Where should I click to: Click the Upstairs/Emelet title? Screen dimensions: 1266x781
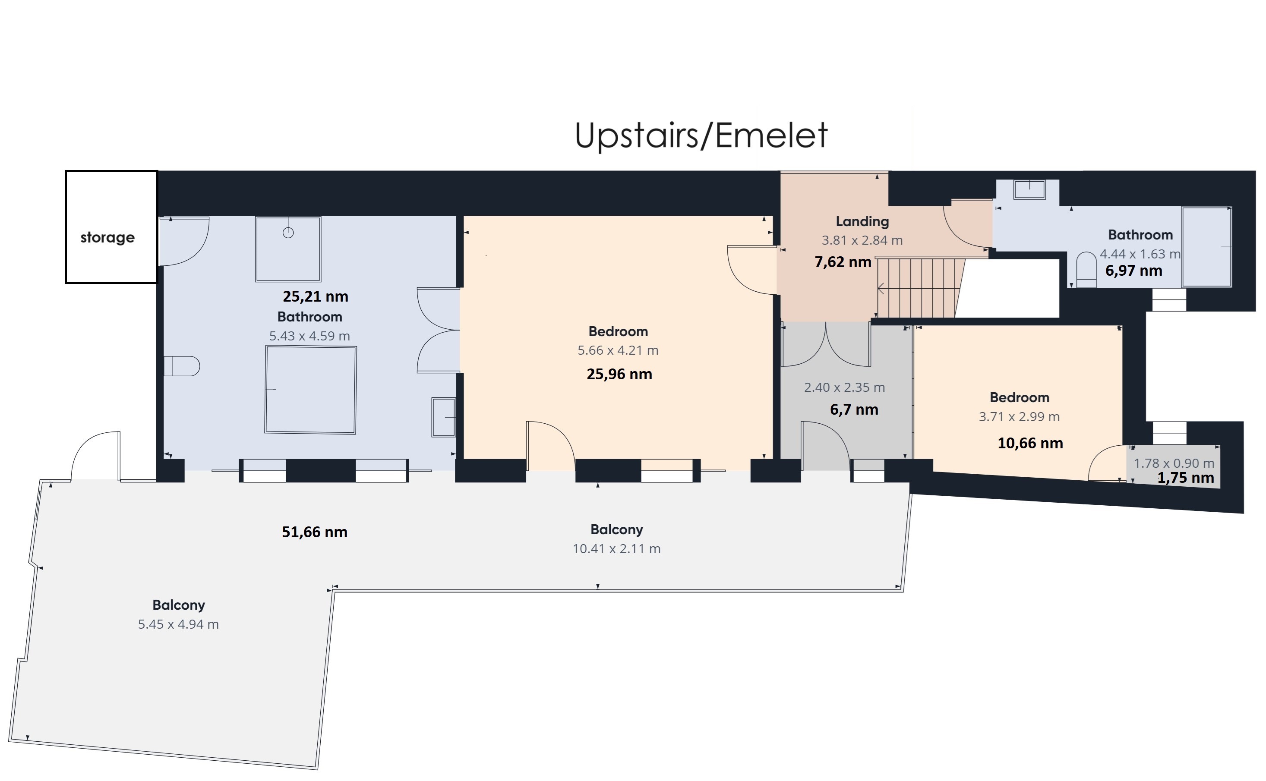[x=701, y=135]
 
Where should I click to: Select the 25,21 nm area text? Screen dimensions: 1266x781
[x=315, y=296]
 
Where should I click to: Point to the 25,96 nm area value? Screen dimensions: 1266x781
[x=619, y=374]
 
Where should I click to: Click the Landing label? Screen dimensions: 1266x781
[x=862, y=222]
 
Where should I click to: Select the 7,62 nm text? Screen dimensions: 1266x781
[x=843, y=262]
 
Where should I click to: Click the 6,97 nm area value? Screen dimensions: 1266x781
[x=1134, y=270]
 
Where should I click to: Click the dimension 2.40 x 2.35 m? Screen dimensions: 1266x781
[x=844, y=387]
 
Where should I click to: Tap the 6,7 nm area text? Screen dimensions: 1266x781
[x=854, y=409]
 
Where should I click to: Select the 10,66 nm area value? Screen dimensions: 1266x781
[x=1030, y=443]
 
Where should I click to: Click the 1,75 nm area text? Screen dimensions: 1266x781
[x=1185, y=478]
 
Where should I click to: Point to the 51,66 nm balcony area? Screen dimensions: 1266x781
[x=315, y=532]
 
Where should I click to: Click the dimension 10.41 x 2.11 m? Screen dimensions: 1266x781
[x=616, y=548]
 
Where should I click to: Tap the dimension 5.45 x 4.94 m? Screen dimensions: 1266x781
[x=178, y=624]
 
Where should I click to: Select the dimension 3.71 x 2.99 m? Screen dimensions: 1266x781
[x=1019, y=417]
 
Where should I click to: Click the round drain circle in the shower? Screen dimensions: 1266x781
[x=288, y=233]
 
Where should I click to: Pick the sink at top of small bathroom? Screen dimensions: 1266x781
[x=1029, y=189]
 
